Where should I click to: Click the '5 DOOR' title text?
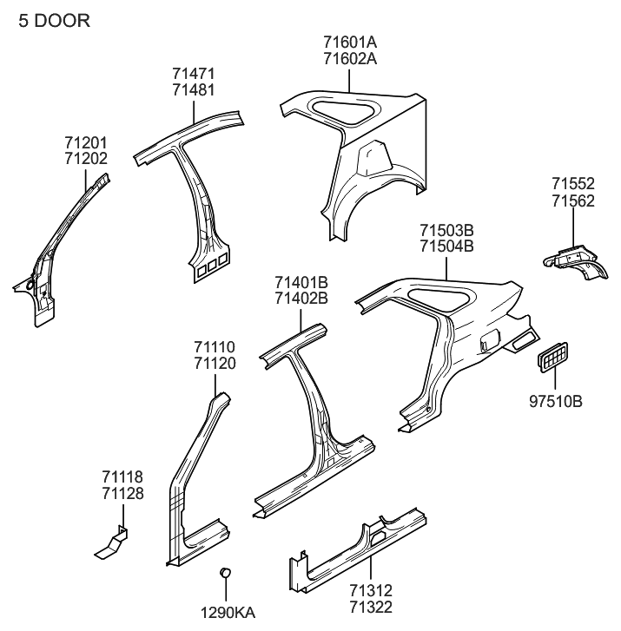tap(54, 20)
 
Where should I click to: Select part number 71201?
tap(85, 142)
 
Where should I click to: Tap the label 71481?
tap(194, 89)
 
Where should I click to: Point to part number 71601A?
tap(350, 43)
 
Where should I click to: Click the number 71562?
tap(574, 200)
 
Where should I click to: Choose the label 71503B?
tap(446, 231)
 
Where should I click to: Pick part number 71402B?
tap(301, 299)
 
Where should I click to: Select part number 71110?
tap(215, 347)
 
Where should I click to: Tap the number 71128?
tap(122, 494)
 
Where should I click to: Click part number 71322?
tap(371, 605)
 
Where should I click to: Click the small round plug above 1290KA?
tap(226, 572)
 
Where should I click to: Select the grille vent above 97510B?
tap(553, 357)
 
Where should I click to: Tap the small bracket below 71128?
tap(112, 544)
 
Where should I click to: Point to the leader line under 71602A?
tap(350, 80)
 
